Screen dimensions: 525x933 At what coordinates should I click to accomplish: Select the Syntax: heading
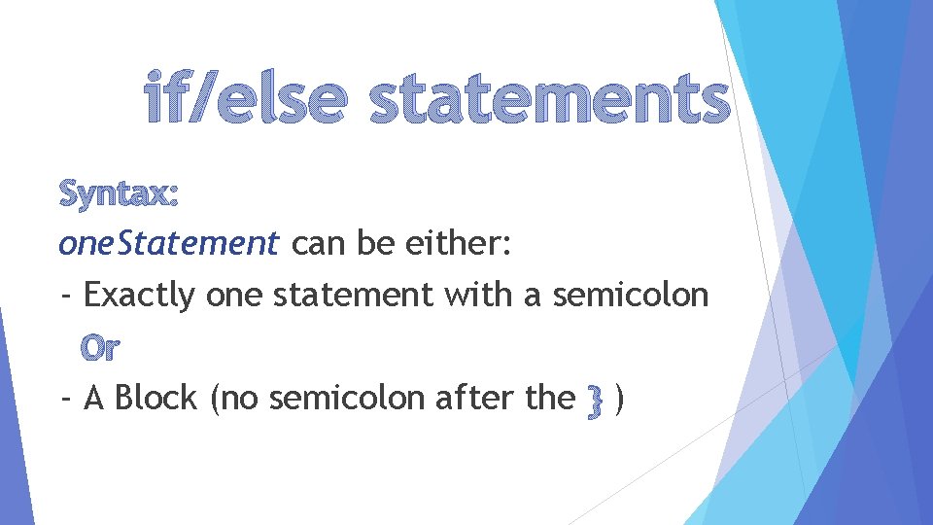pyautogui.click(x=119, y=194)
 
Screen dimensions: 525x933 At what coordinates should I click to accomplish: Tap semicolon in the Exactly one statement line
pyautogui.click(x=630, y=295)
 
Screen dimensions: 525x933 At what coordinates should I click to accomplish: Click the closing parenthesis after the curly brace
pyautogui.click(x=620, y=399)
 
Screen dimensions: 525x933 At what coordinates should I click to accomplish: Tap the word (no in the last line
pyautogui.click(x=227, y=399)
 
